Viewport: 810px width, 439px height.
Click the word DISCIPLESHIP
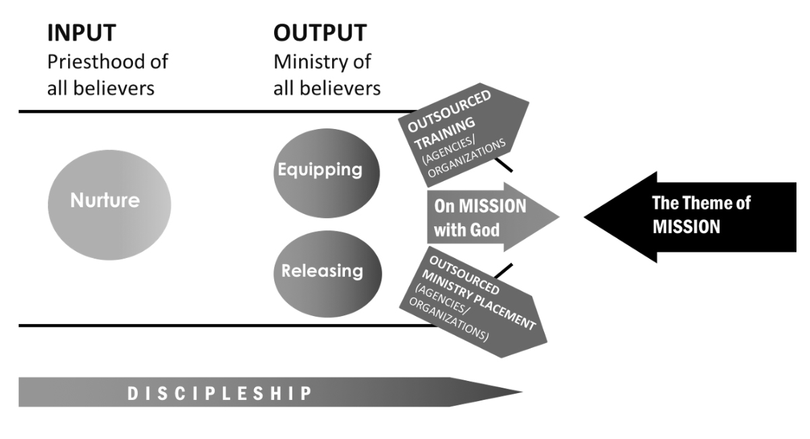point(220,393)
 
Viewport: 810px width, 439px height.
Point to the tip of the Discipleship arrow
point(520,392)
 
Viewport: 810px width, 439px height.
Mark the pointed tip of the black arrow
point(586,215)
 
